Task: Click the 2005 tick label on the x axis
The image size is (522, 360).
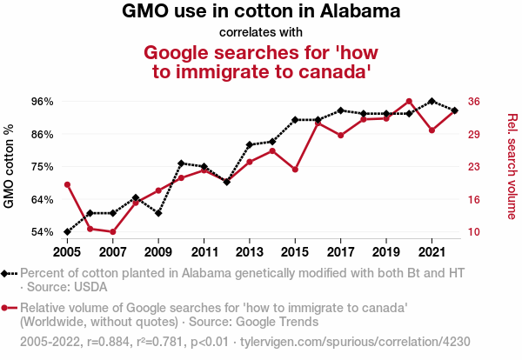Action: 67,252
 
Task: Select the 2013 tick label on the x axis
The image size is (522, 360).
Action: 249,252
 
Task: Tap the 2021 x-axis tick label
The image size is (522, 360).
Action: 432,252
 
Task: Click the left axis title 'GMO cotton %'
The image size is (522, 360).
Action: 10,167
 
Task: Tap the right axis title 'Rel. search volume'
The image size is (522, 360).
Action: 512,166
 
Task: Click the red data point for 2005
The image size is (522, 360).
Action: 67,184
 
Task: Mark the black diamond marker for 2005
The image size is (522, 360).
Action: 67,232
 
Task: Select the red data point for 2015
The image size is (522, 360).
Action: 295,170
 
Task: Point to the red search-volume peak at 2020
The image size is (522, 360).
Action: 409,101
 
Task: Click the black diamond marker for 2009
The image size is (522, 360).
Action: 158,213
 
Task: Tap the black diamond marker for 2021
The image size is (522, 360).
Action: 432,101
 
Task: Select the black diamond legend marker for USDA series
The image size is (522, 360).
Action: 7,273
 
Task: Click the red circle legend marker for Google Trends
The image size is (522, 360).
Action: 7,308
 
